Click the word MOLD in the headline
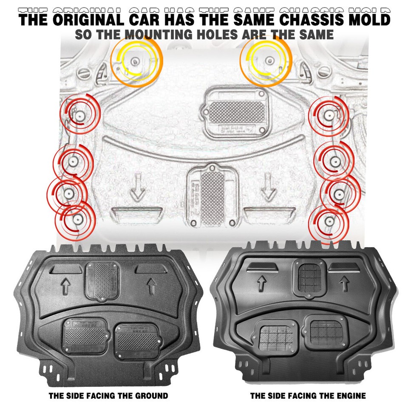371,20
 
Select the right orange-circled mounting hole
268,59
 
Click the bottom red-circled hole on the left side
77,219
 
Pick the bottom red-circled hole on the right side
328,221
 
